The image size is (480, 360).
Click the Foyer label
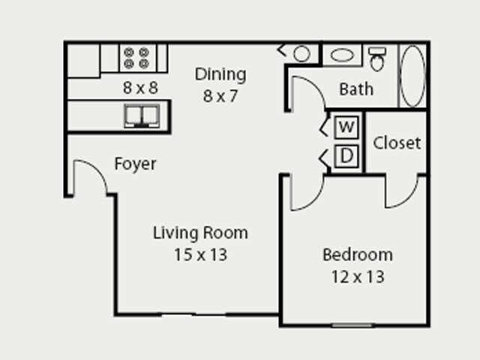[135, 163]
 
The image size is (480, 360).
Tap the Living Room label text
[200, 232]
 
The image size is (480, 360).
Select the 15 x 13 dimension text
[200, 255]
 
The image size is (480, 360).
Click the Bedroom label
[357, 255]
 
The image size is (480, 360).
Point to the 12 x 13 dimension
[357, 277]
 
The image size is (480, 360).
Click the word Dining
[220, 74]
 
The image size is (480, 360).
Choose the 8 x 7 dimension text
[220, 96]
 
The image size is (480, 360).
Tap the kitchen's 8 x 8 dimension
[140, 87]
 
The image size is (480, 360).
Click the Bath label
[356, 89]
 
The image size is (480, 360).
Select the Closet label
[397, 142]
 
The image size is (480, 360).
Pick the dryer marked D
[346, 157]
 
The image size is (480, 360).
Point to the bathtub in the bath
[412, 75]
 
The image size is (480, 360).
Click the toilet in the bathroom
[377, 58]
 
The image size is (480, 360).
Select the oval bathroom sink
[343, 55]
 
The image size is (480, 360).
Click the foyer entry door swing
[91, 178]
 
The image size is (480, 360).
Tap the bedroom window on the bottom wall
[352, 325]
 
